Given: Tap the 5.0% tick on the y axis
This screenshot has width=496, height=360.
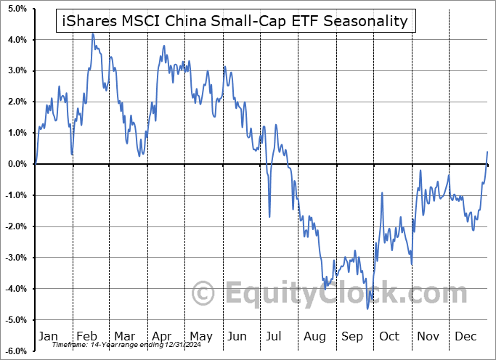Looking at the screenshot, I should tap(17, 9).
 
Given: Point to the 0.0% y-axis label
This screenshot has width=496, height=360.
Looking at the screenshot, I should tap(17, 164).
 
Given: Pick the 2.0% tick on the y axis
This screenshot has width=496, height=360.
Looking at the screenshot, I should tap(17, 102).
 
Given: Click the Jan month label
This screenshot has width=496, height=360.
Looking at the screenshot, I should tap(49, 336).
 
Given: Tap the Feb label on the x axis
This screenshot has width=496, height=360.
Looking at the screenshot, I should tap(86, 336).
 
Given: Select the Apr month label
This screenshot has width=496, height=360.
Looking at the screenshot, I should tap(161, 336).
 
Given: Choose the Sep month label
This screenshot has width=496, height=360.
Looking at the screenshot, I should tap(351, 336).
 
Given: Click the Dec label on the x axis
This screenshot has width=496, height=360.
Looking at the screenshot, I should tap(466, 336).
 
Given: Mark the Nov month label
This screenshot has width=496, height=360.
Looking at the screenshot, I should tap(428, 336).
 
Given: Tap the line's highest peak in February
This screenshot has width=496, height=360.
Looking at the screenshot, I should tap(93, 34).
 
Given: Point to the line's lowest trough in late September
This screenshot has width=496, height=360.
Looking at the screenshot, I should tap(367, 308).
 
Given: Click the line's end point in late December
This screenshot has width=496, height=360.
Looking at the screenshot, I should tap(487, 152).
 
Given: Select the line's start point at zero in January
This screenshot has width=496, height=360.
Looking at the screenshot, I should tap(36, 164).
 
